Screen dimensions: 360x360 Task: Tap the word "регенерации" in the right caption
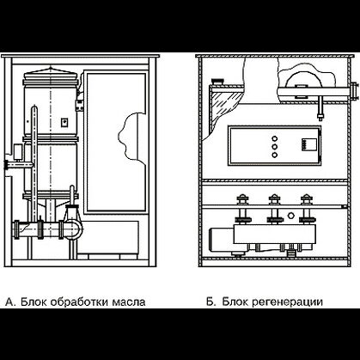287,302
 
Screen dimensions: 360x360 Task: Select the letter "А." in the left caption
11,302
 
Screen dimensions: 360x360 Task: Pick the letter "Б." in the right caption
211,302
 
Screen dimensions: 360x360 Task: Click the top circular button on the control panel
274,139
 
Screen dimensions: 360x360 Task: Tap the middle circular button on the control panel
274,147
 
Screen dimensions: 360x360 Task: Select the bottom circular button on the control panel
274,155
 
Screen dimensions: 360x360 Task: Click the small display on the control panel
309,144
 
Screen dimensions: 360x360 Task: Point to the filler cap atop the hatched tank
217,82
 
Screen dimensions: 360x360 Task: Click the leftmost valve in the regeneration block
242,209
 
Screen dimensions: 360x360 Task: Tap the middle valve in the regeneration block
275,209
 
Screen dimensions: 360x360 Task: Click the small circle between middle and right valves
291,215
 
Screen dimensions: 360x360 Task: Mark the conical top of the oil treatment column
51,70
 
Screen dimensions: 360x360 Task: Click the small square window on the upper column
64,122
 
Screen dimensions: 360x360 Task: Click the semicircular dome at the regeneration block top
302,79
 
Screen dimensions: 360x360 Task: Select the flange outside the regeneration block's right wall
355,91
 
